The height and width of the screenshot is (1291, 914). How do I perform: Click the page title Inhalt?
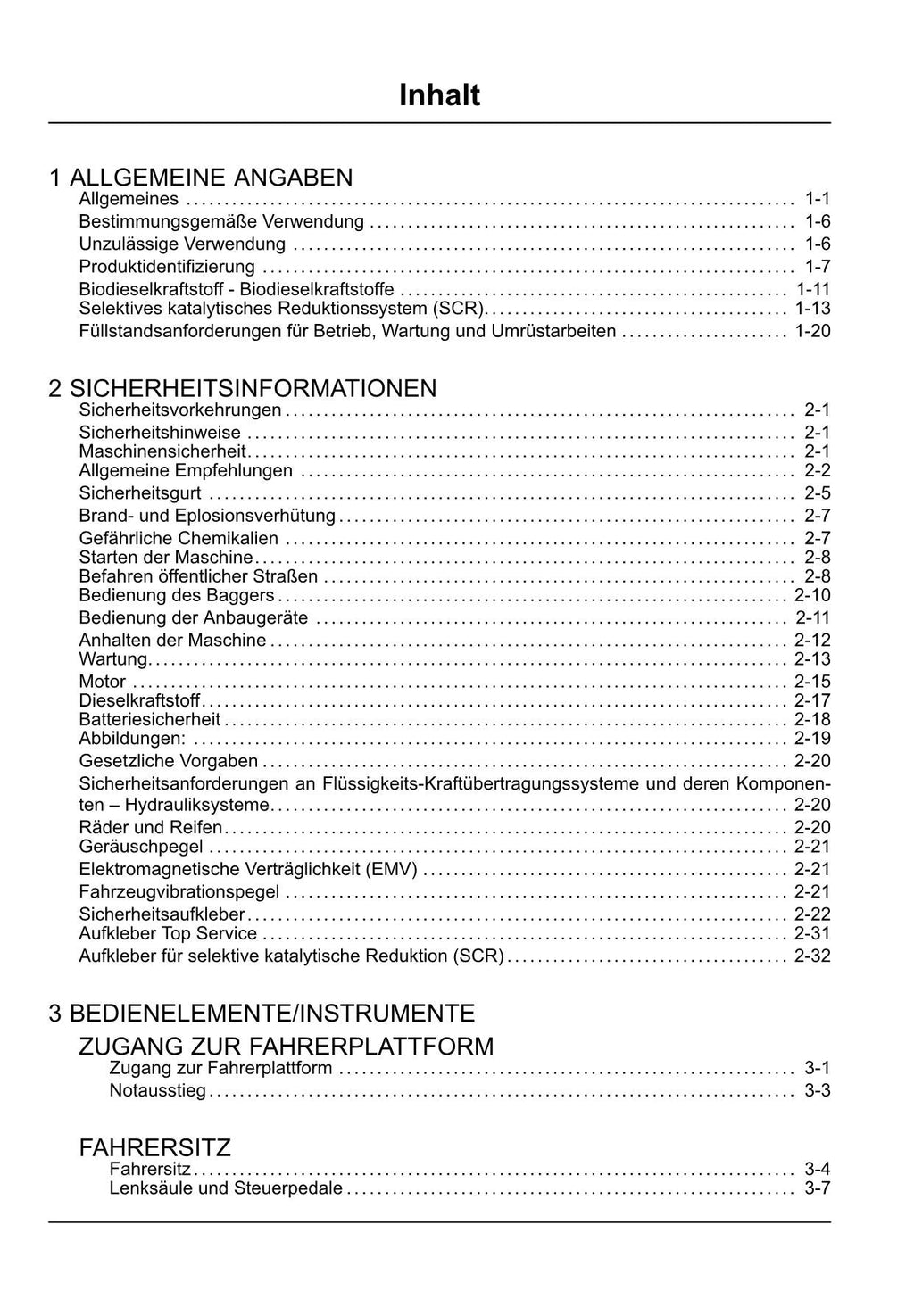[x=439, y=95]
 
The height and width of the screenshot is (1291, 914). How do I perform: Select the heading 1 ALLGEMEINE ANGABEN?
[x=201, y=177]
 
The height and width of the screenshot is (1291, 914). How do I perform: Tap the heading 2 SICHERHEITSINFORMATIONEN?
[x=243, y=388]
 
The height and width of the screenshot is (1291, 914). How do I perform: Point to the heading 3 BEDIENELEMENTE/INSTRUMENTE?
[x=262, y=1013]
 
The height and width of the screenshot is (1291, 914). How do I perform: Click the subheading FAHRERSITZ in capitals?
[x=155, y=1146]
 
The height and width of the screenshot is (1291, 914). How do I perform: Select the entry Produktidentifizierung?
[x=167, y=267]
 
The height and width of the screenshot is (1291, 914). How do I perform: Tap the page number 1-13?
[x=812, y=309]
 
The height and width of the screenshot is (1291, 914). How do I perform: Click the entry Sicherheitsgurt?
[x=140, y=493]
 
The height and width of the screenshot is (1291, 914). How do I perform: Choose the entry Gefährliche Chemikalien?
[x=179, y=538]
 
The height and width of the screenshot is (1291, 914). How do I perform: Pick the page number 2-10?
[x=812, y=595]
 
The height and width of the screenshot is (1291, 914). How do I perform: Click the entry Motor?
[x=103, y=682]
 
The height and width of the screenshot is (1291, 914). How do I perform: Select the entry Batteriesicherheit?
[x=150, y=719]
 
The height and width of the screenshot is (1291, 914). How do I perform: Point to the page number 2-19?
[x=812, y=738]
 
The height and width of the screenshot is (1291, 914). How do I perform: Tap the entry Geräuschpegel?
[x=141, y=846]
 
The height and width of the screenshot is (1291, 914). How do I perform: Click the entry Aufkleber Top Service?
[x=168, y=933]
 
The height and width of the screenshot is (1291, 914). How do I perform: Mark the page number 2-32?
[x=812, y=956]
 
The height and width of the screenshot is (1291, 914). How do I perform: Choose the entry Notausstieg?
[x=157, y=1090]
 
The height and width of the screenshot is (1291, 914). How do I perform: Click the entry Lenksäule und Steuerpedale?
[x=226, y=1188]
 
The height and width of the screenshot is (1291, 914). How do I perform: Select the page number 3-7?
[x=817, y=1188]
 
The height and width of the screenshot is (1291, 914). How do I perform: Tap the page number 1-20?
[x=812, y=331]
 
